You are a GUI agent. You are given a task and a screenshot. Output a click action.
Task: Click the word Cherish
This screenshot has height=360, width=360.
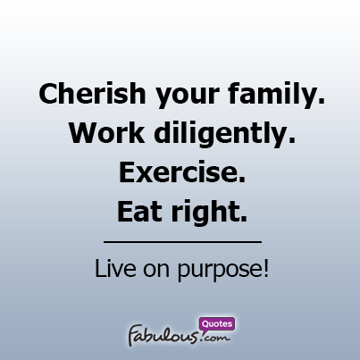pos(92,93)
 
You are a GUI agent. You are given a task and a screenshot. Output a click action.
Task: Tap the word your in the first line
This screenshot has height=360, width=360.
pos(188,96)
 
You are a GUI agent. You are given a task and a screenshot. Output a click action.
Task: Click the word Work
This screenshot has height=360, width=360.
pos(107,133)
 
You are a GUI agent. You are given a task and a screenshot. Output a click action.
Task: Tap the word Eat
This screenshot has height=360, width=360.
pos(139,212)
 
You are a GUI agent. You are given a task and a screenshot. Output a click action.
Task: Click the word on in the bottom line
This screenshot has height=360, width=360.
pos(156,270)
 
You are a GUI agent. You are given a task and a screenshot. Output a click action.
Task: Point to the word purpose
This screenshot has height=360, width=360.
pos(219,271)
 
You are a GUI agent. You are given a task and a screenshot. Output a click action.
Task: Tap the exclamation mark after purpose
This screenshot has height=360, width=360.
pos(266,268)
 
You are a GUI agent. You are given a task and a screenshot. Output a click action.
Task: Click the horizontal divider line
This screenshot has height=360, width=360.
pos(182,242)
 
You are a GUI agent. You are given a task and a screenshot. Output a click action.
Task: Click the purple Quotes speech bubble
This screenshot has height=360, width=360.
pos(217,323)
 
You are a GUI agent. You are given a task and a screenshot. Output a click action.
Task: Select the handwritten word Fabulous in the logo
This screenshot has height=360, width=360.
pos(163,335)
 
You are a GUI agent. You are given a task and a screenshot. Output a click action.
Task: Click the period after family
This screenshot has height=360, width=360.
pos(322,102)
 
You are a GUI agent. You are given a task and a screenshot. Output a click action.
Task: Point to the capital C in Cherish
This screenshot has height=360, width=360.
pos(49,94)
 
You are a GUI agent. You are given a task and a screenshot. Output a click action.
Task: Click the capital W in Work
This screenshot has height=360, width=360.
pos(86,133)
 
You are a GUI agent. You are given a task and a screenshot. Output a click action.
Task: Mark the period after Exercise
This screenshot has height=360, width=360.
pos(242,180)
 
